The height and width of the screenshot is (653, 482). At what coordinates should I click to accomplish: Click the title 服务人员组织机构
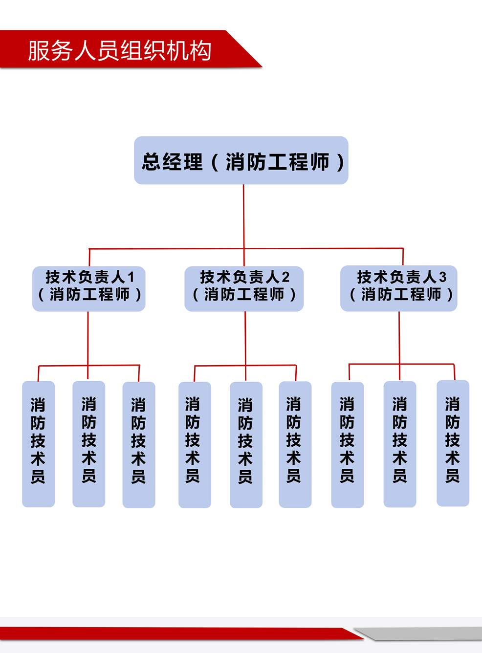pos(119,51)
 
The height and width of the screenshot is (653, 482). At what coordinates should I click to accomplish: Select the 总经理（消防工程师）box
pos(241,160)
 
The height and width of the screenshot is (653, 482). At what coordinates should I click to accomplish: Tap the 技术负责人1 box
pos(88,288)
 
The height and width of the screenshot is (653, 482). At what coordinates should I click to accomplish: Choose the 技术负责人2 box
pos(244,288)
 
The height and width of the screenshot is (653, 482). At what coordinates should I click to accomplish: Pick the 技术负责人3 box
pos(399,288)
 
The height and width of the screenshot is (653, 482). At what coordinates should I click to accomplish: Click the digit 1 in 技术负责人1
pos(131,278)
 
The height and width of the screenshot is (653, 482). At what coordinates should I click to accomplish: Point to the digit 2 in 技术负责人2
pos(285,278)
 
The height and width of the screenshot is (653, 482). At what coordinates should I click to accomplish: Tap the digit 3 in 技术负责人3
pos(442,278)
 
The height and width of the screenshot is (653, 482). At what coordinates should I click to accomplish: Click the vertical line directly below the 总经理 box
pos(243,215)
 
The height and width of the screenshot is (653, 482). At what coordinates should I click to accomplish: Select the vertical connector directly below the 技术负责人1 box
pos(88,337)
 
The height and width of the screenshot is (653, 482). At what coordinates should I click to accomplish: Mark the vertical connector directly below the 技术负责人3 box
pos(399,337)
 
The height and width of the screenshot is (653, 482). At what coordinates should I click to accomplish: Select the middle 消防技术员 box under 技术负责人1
pos(88,444)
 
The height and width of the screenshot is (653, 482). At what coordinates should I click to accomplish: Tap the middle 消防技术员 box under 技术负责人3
pos(400,444)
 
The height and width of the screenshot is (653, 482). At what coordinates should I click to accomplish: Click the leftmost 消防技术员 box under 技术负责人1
pos(38,444)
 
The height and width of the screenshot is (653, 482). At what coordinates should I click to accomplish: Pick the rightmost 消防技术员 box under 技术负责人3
pos(453,443)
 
